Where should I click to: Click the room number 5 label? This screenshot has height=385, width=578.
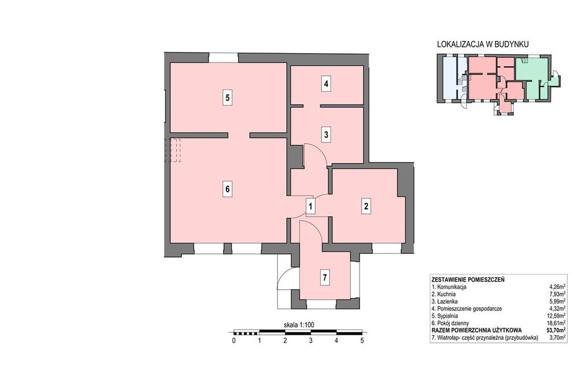pos(228,98)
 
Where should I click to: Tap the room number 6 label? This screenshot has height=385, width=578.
pos(228,189)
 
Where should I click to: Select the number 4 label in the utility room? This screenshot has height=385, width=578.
pos(326,84)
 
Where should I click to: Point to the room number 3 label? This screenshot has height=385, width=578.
pos(326,135)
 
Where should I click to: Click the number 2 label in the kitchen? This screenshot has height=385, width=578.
pos(366,206)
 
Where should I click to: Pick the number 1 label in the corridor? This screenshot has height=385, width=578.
pos(311,206)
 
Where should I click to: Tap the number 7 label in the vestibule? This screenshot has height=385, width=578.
pos(325,277)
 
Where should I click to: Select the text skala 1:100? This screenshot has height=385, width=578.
pos(299,325)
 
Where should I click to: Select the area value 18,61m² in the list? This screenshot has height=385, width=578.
pos(556,323)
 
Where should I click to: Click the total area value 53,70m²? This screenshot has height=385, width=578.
pos(555,330)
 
